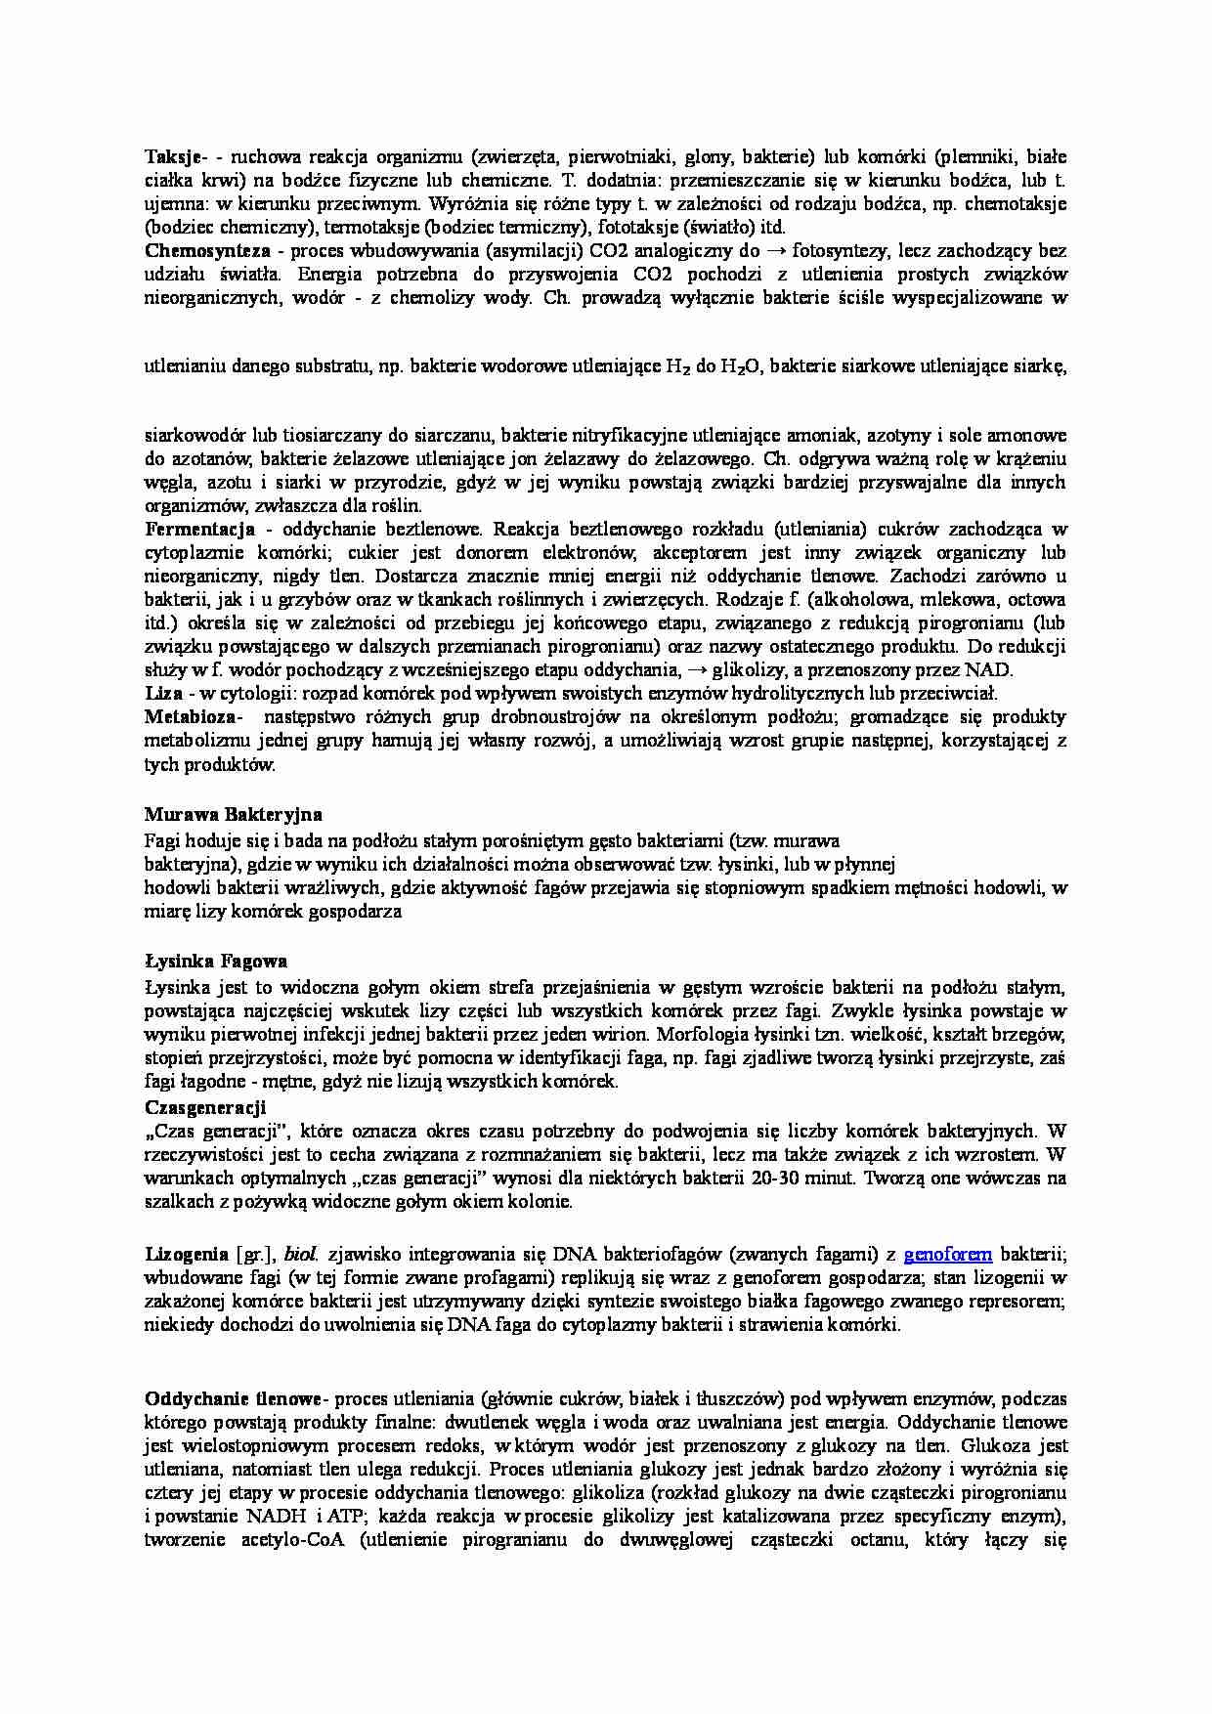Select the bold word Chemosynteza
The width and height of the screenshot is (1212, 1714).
click(x=207, y=251)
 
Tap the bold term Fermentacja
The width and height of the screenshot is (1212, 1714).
click(x=199, y=530)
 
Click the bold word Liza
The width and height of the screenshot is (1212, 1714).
click(x=163, y=694)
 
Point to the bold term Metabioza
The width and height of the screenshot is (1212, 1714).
click(x=192, y=717)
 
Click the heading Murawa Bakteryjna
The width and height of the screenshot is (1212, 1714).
click(x=233, y=814)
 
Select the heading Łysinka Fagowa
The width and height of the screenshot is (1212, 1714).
click(x=215, y=961)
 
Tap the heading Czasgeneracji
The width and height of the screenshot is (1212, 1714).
click(x=205, y=1107)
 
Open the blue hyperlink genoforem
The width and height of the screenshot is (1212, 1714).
click(x=947, y=1254)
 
